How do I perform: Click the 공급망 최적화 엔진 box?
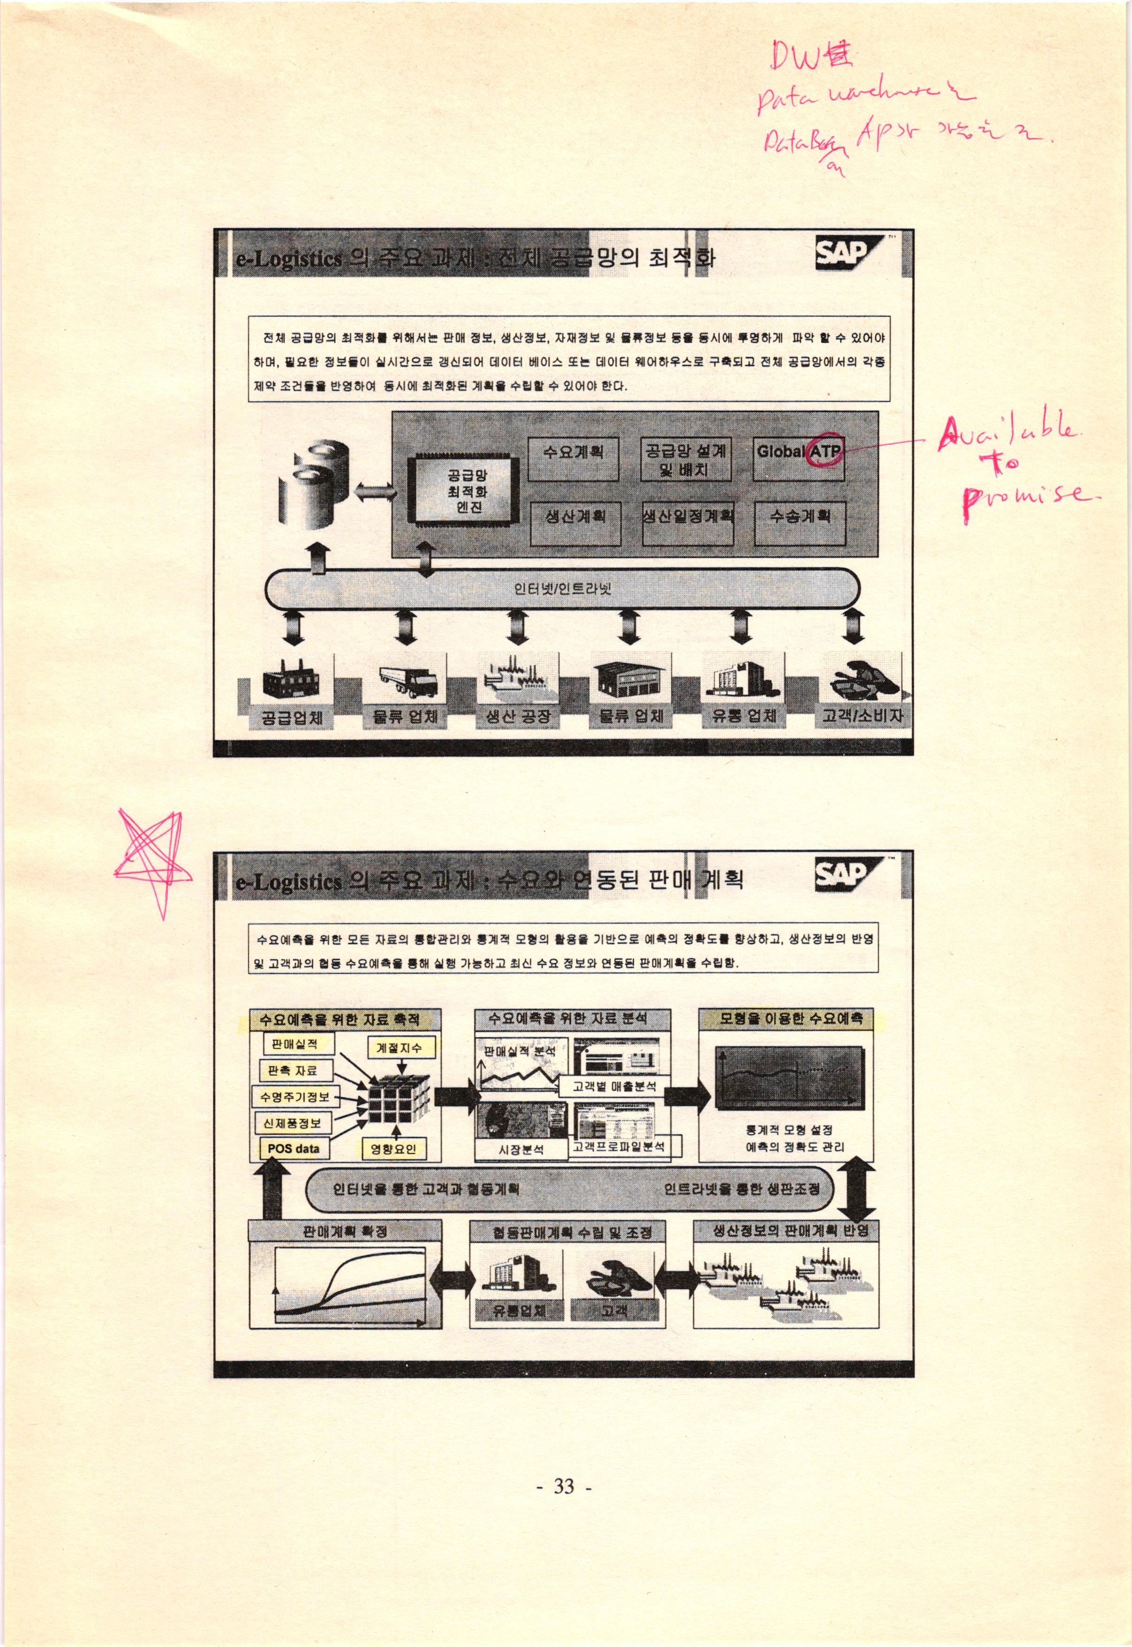467,490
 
